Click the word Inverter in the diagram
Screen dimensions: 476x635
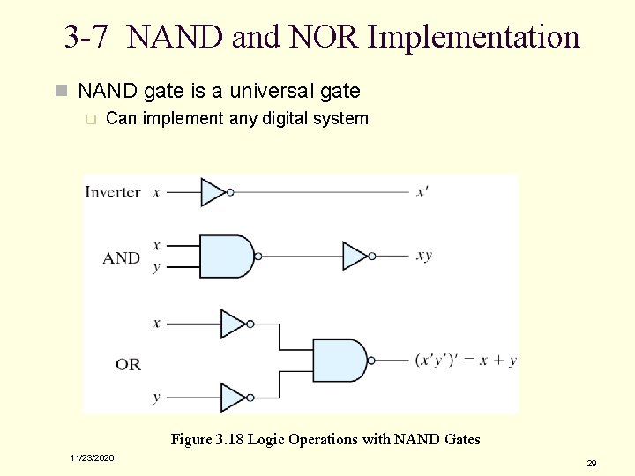pos(112,192)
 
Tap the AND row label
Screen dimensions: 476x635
pos(121,257)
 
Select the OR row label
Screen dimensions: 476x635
pos(128,363)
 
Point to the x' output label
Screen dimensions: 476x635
pos(423,191)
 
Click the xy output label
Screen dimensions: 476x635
pos(424,256)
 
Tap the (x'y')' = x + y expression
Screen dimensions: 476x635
pos(466,361)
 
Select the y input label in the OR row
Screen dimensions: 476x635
pos(156,398)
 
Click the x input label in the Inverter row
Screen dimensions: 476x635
pos(156,191)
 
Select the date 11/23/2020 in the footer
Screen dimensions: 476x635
pos(93,457)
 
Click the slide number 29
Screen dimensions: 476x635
pos(592,463)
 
